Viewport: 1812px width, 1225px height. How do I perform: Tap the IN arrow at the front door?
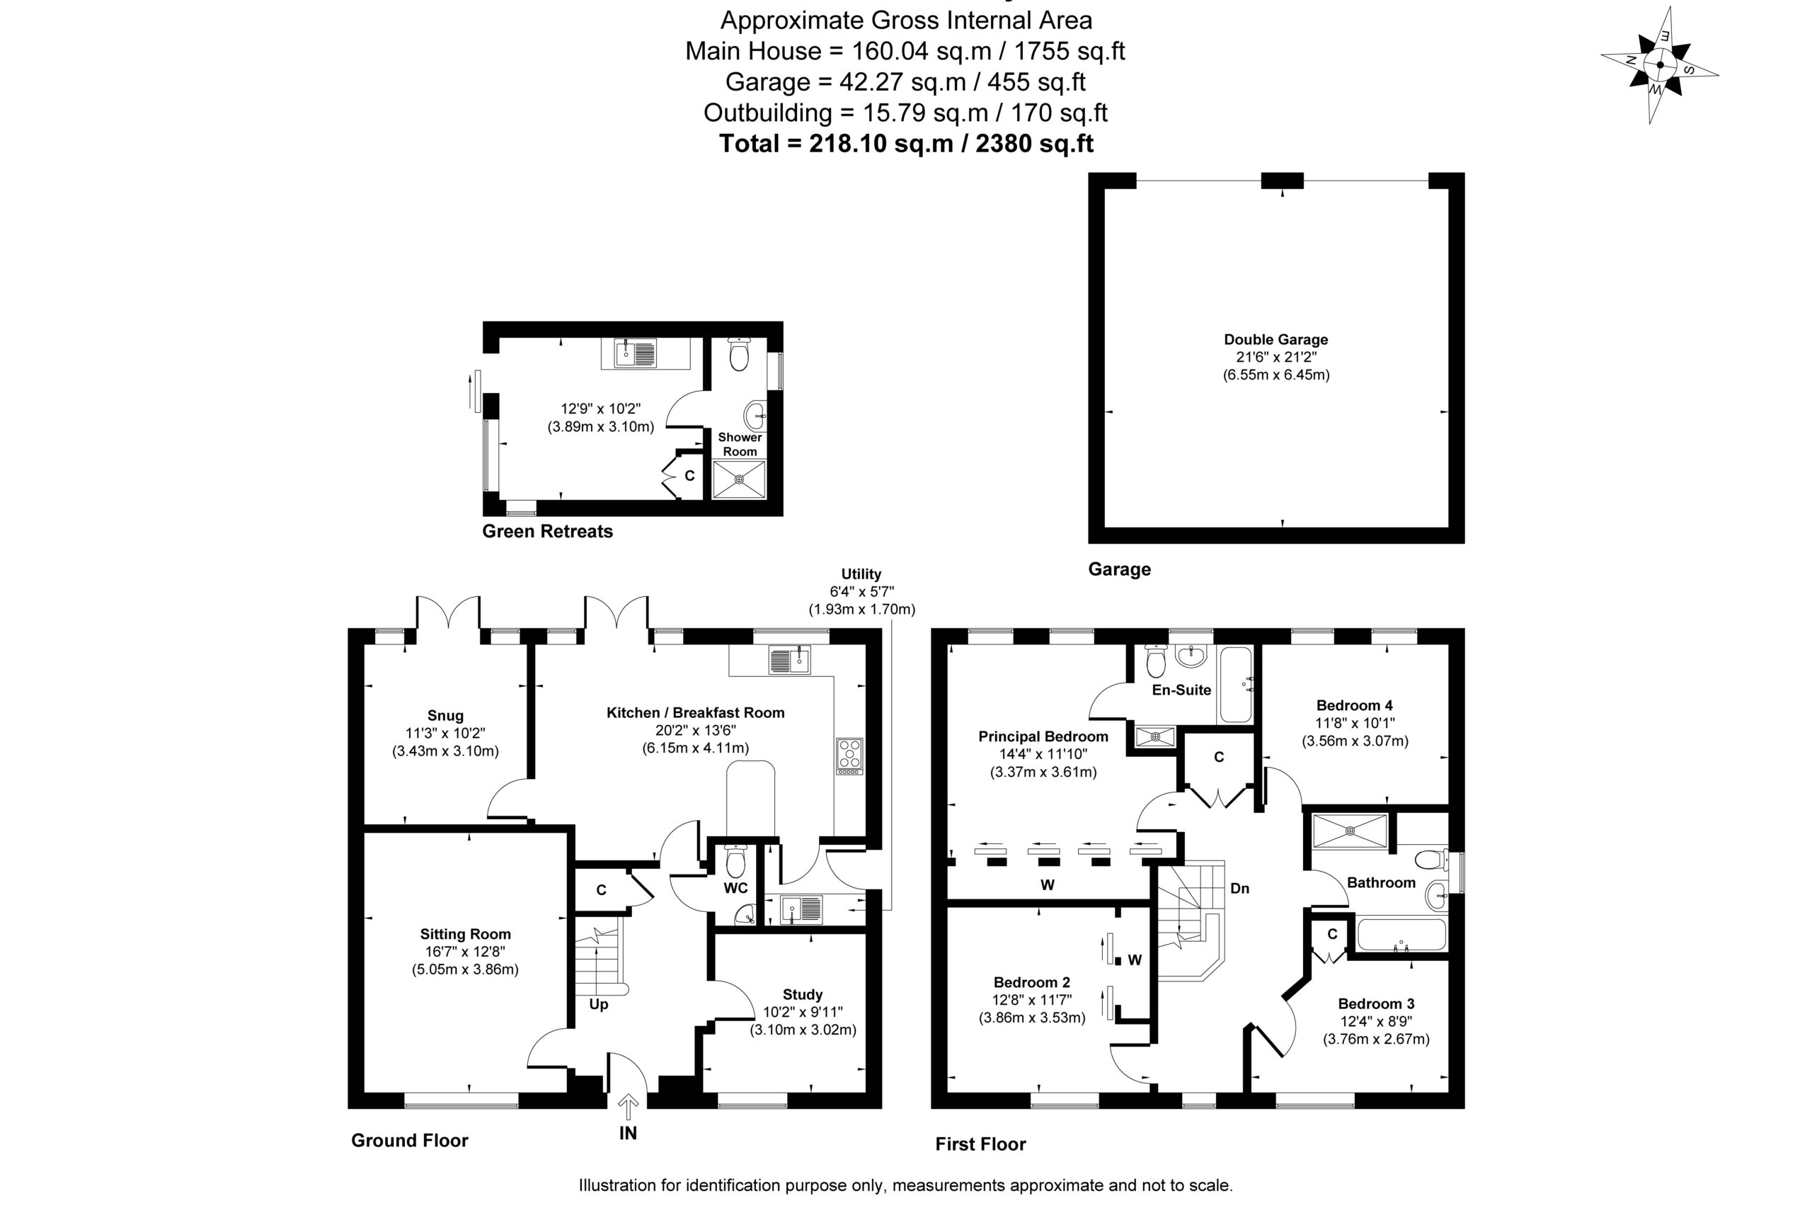pyautogui.click(x=628, y=1107)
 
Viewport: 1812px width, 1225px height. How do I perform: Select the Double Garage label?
pyautogui.click(x=1275, y=339)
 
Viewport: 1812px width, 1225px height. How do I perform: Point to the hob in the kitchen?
pyautogui.click(x=849, y=756)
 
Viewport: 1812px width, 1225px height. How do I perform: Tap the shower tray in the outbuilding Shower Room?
pyautogui.click(x=739, y=479)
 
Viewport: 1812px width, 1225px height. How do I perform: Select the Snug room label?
pyautogui.click(x=445, y=716)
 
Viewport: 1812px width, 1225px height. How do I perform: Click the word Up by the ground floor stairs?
pyautogui.click(x=599, y=1004)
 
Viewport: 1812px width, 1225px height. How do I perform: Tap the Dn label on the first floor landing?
pyautogui.click(x=1239, y=888)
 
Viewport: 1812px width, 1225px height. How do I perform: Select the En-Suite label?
pyautogui.click(x=1181, y=689)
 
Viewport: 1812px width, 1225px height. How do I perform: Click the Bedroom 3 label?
pyautogui.click(x=1376, y=1003)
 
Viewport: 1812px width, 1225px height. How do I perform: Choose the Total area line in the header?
pyautogui.click(x=906, y=144)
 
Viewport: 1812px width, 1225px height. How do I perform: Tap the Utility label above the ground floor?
pyautogui.click(x=861, y=574)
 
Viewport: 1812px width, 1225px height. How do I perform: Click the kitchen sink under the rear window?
pyautogui.click(x=789, y=661)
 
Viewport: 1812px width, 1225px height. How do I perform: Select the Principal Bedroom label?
pyautogui.click(x=1043, y=736)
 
